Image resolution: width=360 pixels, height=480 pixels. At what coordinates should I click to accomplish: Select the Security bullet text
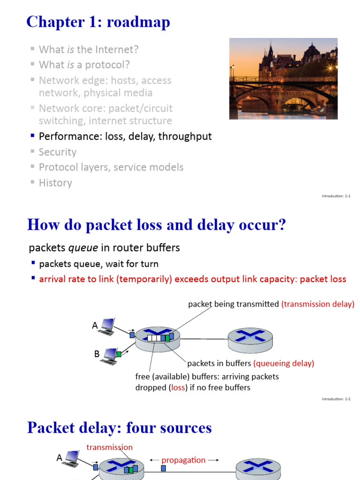point(58,152)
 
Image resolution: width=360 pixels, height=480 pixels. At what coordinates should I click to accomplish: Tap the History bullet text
point(55,183)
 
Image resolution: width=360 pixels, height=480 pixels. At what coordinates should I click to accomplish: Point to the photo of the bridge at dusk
point(283,78)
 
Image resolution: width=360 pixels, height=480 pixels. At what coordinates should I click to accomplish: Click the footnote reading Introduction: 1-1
point(336,196)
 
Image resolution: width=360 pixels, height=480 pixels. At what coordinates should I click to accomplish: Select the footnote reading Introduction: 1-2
point(336,399)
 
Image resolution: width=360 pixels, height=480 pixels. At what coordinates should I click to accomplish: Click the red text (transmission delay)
point(318,304)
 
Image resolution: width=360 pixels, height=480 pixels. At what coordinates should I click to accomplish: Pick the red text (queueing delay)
point(284,363)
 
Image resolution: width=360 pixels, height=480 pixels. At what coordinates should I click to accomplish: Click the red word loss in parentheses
point(179,388)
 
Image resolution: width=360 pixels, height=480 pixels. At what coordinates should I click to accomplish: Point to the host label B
point(97,354)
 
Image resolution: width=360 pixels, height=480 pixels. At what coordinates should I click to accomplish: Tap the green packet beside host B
point(119,354)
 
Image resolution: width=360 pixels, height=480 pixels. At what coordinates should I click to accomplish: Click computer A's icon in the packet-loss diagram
point(107,326)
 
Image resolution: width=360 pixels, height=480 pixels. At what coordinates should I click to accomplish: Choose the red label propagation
point(183,460)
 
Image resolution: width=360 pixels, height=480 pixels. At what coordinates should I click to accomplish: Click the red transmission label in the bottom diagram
point(110,447)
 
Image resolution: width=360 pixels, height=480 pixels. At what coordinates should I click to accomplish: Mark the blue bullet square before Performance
point(33,136)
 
